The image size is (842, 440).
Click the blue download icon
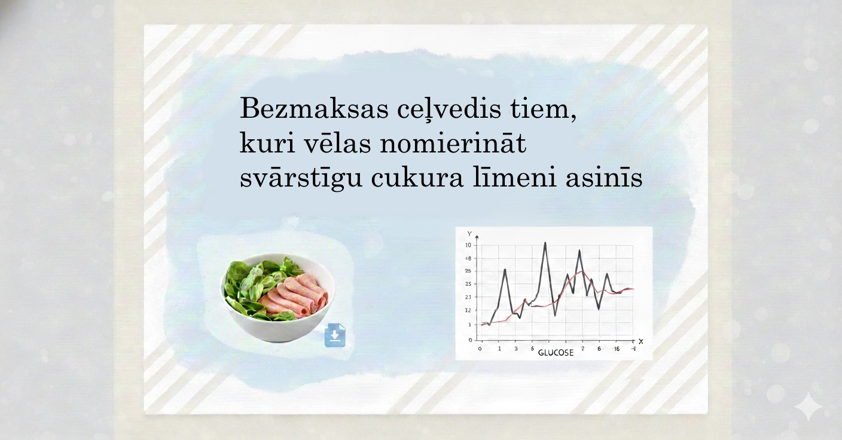click(335, 335)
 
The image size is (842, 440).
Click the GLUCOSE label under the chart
click(556, 352)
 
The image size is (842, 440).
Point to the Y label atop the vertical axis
click(469, 233)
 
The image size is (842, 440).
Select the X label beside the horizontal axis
click(640, 341)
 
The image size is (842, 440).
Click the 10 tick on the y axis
click(468, 245)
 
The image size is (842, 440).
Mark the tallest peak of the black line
click(545, 243)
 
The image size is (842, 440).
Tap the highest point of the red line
click(579, 271)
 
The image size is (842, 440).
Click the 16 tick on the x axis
click(617, 349)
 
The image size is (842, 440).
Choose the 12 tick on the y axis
click(468, 310)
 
